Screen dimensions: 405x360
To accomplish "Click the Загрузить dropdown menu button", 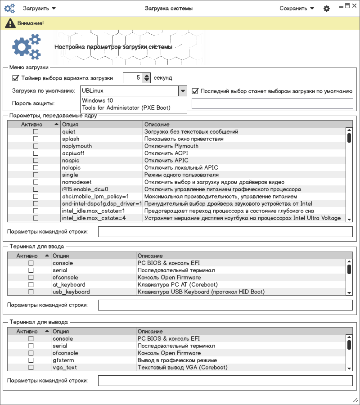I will [x=40, y=9].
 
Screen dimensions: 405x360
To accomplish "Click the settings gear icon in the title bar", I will [x=327, y=9].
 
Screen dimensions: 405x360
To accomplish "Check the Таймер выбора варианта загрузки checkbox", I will [x=16, y=78].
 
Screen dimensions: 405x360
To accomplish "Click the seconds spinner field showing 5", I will [x=132, y=78].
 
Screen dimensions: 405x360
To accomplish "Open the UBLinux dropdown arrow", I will [x=182, y=91].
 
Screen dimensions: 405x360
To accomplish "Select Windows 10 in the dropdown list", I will [x=98, y=101].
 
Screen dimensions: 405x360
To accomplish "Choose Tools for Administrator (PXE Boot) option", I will [x=126, y=108].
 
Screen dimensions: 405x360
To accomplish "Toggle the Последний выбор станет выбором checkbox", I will [x=195, y=91].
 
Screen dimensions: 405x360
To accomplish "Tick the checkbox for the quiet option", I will [x=36, y=132].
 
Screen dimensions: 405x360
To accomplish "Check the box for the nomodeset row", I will [x=36, y=182].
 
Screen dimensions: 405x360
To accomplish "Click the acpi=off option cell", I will [x=73, y=153].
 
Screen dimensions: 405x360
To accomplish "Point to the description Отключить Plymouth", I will [x=171, y=146].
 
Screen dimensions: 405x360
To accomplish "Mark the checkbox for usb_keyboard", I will [x=31, y=292].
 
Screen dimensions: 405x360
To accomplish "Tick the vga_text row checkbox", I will [x=31, y=368].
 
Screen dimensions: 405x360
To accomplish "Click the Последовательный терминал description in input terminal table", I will [x=175, y=270].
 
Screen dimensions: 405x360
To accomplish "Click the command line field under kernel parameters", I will [x=225, y=232].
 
